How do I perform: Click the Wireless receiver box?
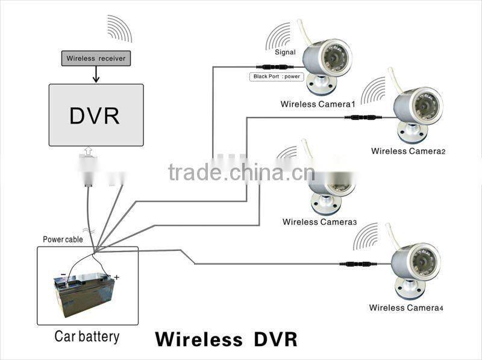pyautogui.click(x=96, y=58)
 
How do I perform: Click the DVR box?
pyautogui.click(x=96, y=115)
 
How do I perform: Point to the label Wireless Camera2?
pyautogui.click(x=408, y=151)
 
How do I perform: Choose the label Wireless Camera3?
pyautogui.click(x=319, y=222)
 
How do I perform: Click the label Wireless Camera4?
pyautogui.click(x=406, y=308)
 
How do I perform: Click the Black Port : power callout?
pyautogui.click(x=275, y=77)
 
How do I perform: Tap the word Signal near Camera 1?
pyautogui.click(x=285, y=53)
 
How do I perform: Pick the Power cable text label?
pyautogui.click(x=63, y=239)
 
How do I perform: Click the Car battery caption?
pyautogui.click(x=87, y=336)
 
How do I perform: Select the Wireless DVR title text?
pyautogui.click(x=226, y=338)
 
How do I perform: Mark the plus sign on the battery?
pyautogui.click(x=117, y=277)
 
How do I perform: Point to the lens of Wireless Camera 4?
pyautogui.click(x=422, y=263)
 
